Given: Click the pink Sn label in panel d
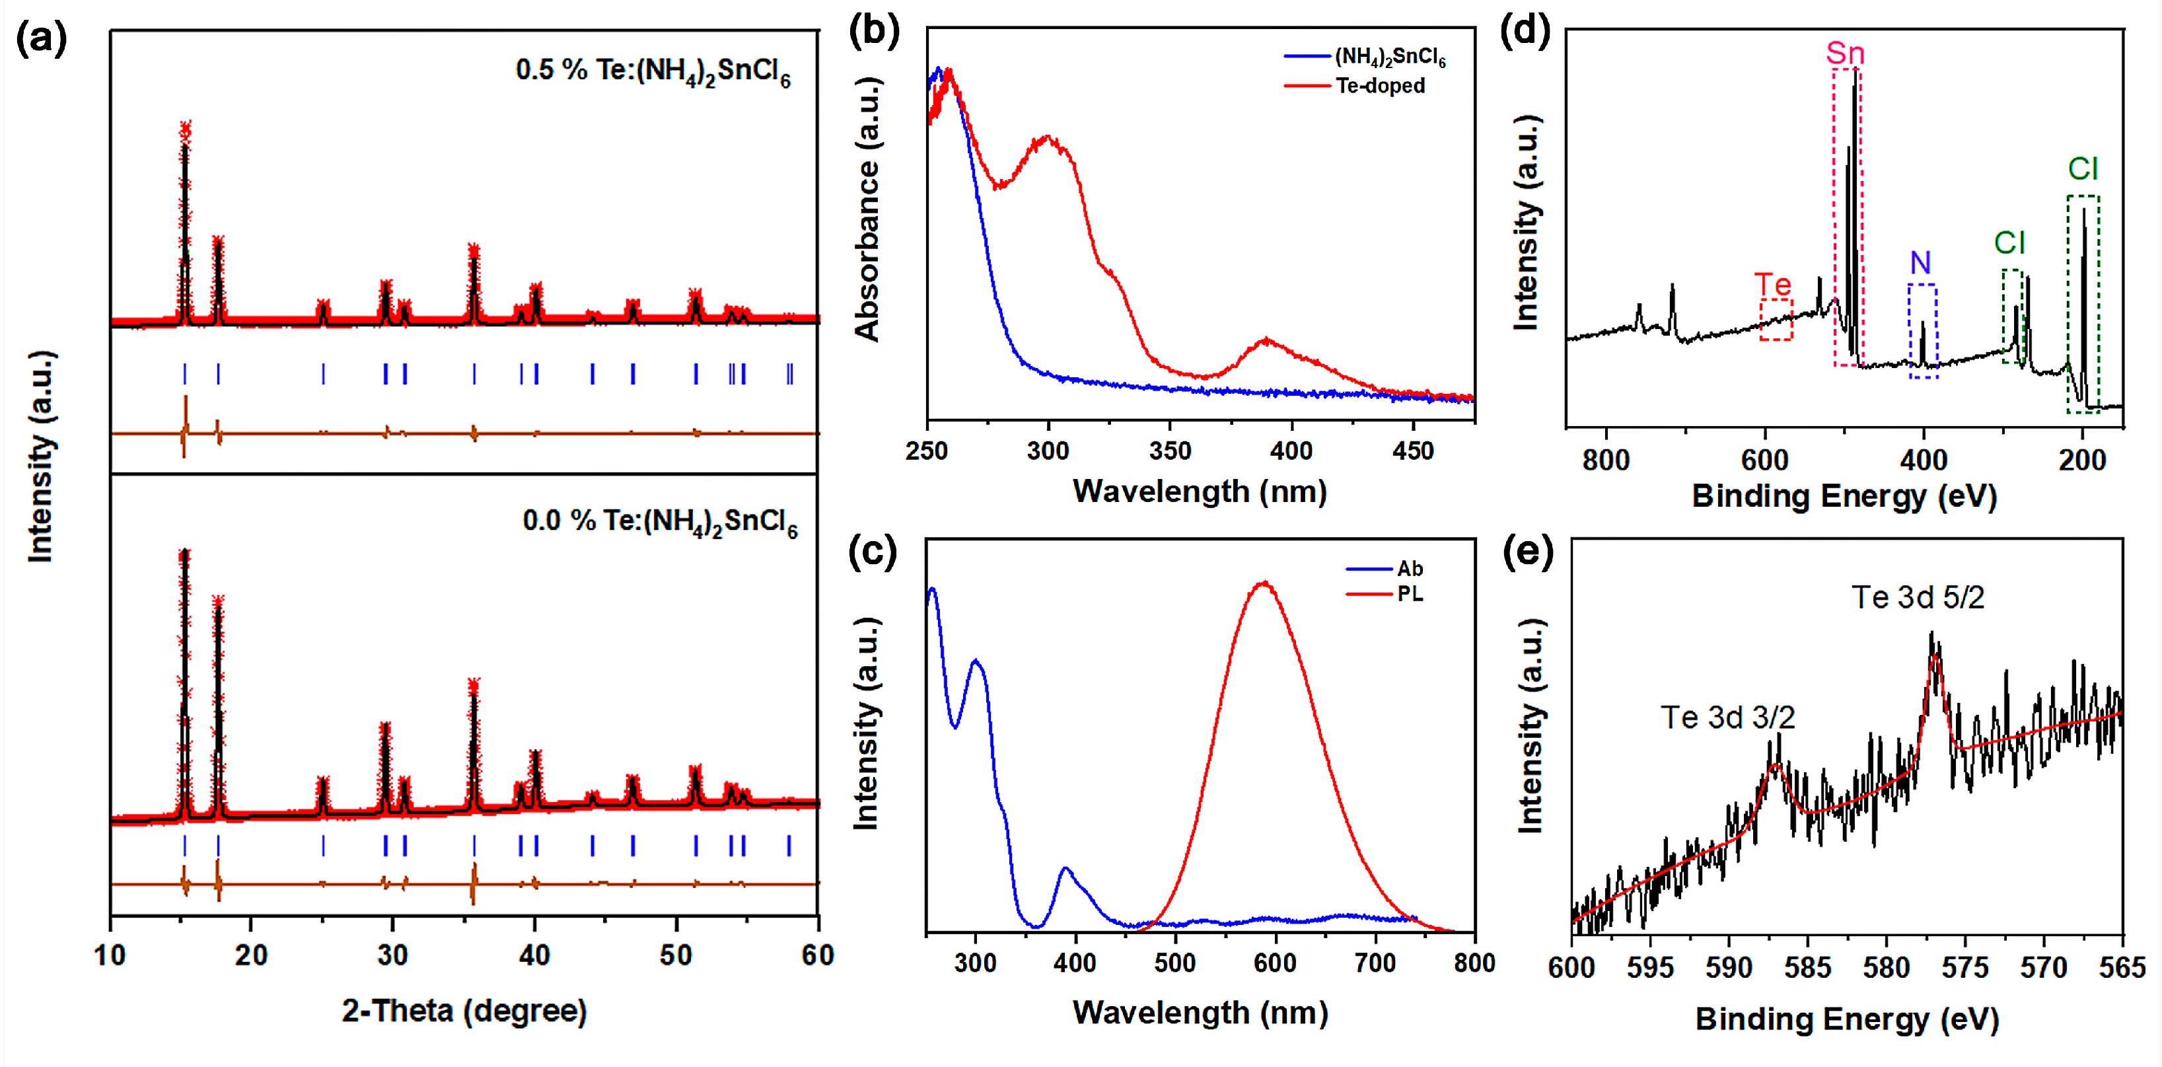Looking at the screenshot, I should [1845, 54].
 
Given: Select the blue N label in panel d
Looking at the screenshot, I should [1920, 264].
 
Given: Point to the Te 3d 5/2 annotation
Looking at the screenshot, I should [1918, 598].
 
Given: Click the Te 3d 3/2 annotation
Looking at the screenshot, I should [1727, 717].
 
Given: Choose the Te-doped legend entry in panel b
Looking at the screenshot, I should [1380, 86].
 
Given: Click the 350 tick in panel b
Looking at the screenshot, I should [1170, 452].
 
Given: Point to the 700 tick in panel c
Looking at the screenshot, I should [1375, 963].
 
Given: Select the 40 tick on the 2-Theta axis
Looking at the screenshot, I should [534, 955].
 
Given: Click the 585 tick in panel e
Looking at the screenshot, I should [1807, 968].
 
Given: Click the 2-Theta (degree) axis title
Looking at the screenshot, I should [464, 1011].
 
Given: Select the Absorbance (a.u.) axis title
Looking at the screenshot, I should [867, 210].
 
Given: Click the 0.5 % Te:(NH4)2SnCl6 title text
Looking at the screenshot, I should [653, 71].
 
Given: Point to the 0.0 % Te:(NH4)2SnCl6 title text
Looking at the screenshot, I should [660, 521].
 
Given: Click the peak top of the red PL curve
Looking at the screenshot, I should [1264, 583].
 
